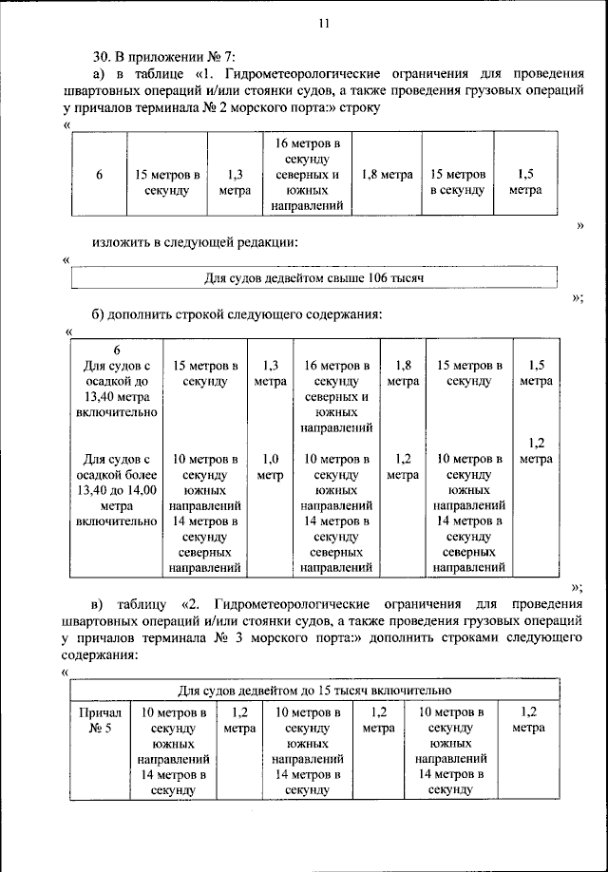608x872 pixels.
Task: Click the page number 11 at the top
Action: click(323, 27)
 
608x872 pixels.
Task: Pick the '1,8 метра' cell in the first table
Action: click(387, 176)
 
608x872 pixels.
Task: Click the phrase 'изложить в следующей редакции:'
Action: click(195, 242)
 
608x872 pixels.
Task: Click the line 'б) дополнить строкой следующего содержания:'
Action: click(237, 313)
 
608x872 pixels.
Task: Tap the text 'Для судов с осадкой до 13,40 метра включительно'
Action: click(115, 389)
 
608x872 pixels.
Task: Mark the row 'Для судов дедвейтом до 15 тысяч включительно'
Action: click(314, 690)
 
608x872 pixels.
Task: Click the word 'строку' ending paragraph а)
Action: click(360, 108)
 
